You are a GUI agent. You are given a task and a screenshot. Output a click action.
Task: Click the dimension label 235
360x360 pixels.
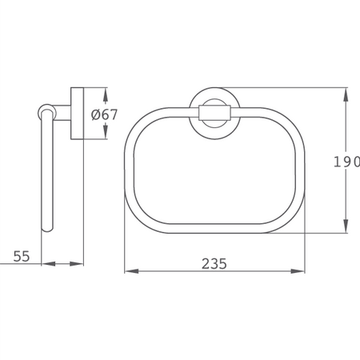214,263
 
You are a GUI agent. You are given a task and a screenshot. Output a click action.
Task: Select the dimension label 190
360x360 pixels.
346,162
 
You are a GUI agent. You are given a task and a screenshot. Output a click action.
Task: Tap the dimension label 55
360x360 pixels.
22,256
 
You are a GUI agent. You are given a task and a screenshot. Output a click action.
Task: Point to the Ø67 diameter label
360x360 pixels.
104,114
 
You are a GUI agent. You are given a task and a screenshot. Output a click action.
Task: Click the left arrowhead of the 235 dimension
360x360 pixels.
132,271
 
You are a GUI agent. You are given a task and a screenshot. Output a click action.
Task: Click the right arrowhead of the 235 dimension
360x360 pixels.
298,271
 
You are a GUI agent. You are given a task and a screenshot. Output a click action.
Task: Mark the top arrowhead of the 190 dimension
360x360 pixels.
346,94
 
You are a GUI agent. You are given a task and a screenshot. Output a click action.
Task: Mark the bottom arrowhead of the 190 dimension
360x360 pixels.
346,226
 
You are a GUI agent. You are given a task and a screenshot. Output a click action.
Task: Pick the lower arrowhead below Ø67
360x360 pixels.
106,132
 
